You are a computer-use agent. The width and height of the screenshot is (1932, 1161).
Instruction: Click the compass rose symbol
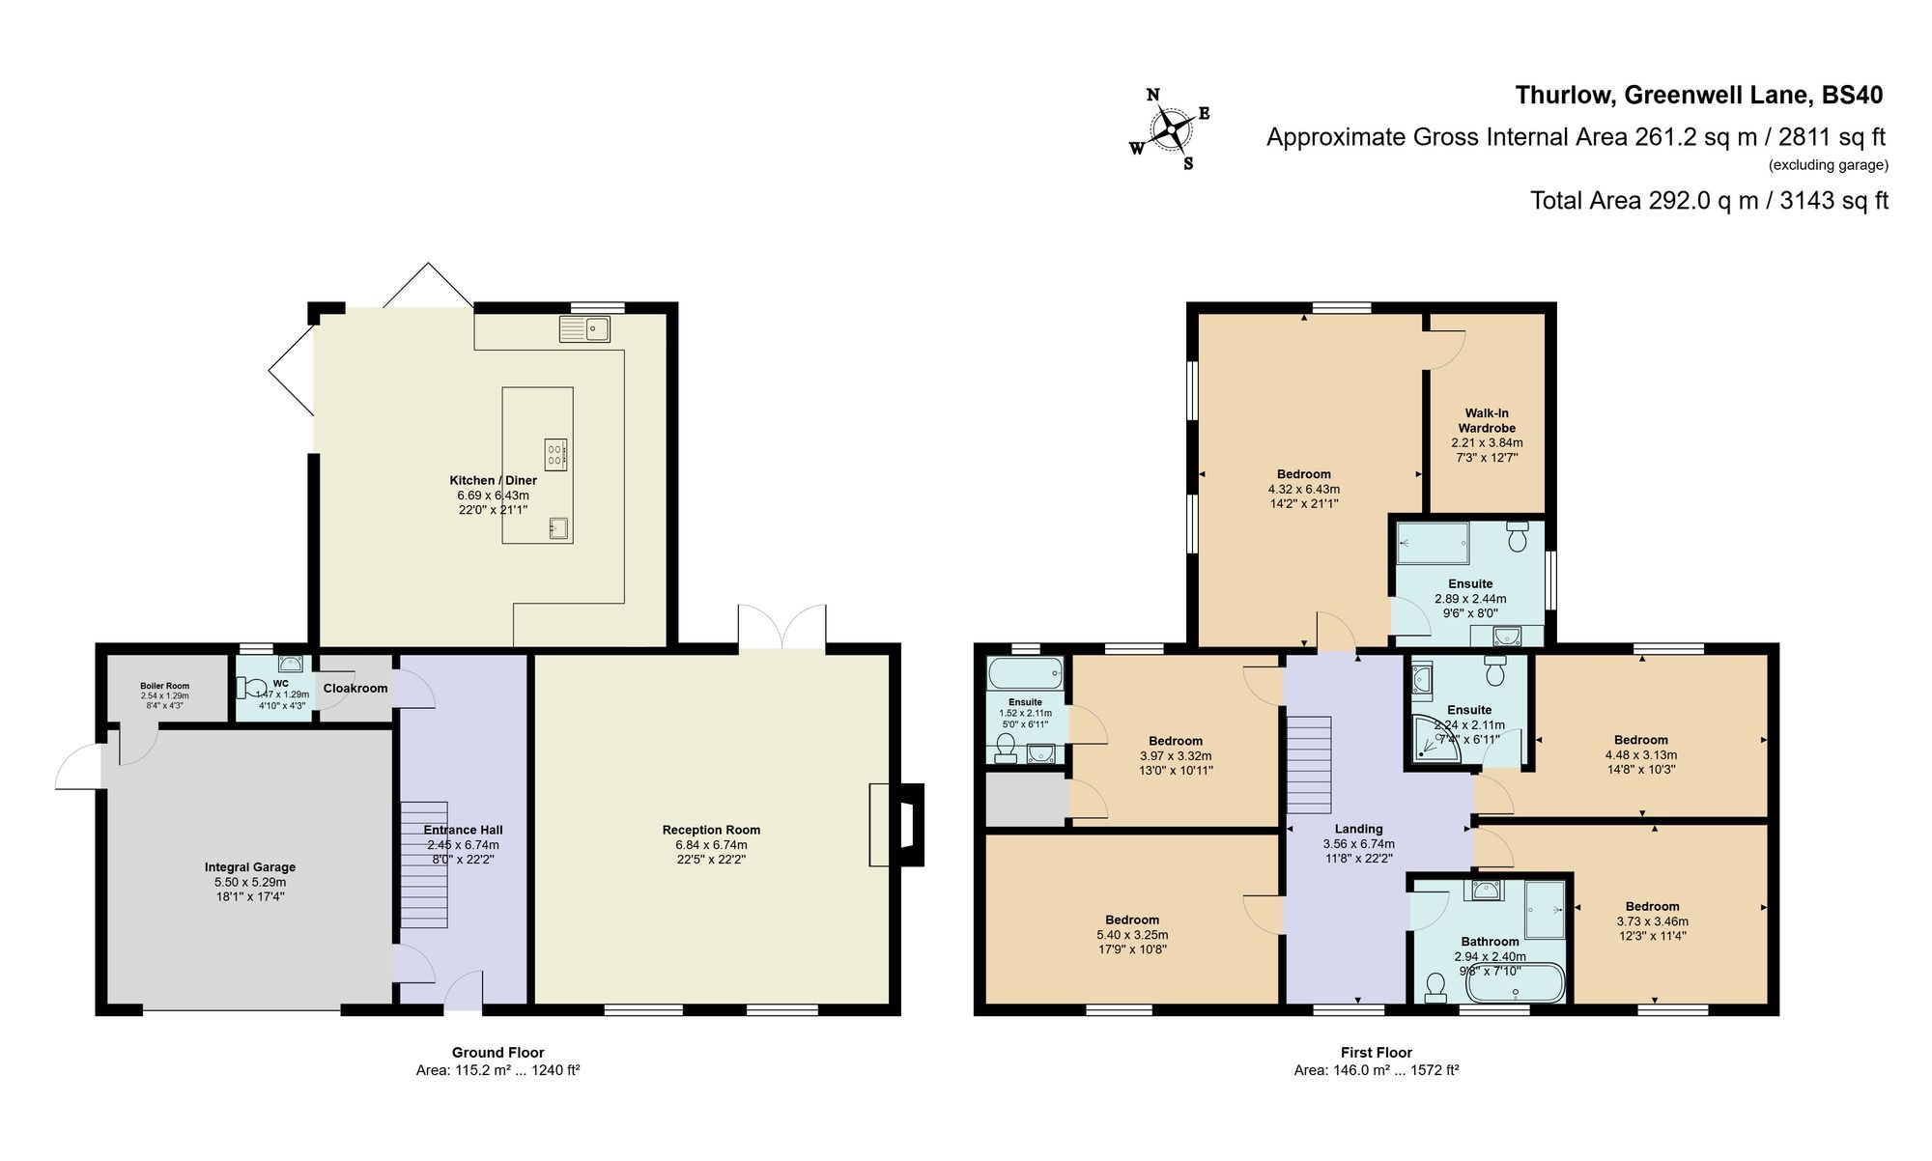1171,129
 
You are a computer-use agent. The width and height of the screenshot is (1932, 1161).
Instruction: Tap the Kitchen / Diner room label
493,480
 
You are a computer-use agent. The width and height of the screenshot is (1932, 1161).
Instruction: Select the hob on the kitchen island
555,454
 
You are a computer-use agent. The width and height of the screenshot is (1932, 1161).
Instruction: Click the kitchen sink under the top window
585,329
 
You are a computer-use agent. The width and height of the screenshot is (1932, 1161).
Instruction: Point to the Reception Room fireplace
896,824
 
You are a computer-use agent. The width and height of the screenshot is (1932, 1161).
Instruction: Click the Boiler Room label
164,686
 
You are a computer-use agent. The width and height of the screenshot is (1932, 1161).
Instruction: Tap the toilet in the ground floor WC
255,688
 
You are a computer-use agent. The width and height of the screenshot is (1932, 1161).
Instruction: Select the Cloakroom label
355,688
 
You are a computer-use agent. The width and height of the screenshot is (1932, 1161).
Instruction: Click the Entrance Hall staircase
424,864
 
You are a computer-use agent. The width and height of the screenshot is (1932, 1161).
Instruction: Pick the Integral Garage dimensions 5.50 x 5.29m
250,882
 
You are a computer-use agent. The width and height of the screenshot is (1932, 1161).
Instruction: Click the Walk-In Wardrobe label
1487,420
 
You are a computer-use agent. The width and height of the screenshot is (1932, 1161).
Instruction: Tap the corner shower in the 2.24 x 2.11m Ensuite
1428,740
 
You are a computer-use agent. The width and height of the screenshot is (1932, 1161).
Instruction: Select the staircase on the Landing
1309,765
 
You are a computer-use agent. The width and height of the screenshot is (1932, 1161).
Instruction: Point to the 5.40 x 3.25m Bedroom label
1132,920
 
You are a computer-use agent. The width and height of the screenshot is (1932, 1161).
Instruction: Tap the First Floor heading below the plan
1376,1053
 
